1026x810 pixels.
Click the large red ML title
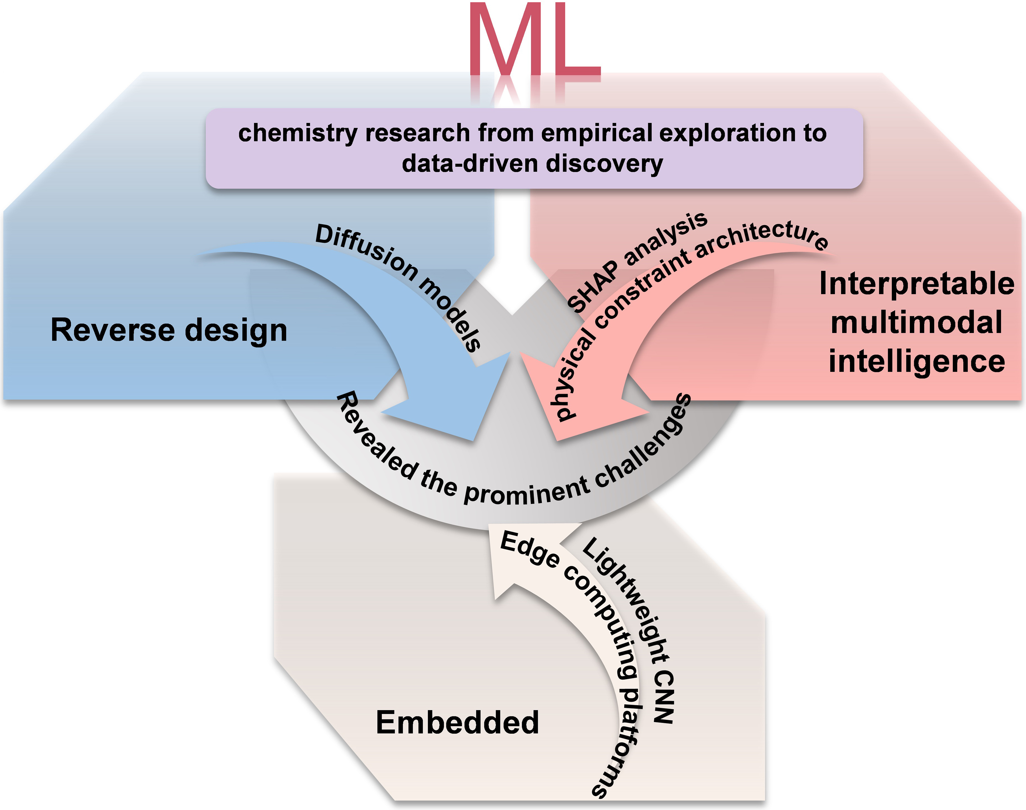point(535,40)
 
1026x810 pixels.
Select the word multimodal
point(917,322)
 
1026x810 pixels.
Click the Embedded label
point(457,723)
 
